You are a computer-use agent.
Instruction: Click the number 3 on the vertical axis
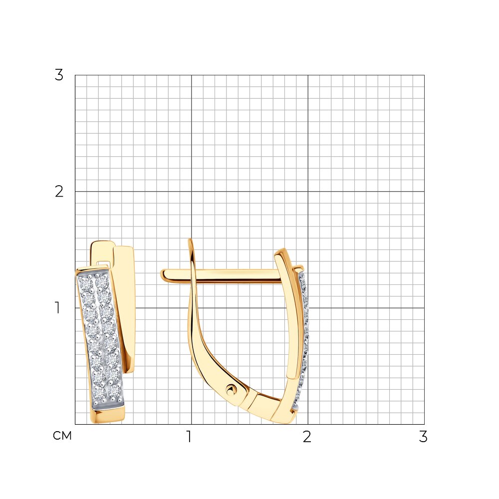59,75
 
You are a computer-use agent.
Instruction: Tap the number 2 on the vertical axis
59,192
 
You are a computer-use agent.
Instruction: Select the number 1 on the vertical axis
57,308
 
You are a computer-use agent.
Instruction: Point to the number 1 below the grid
189,437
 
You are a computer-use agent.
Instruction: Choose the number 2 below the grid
307,437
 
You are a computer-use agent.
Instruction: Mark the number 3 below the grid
423,437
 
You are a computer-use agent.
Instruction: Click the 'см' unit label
62,436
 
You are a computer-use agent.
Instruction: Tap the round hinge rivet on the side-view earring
231,389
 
